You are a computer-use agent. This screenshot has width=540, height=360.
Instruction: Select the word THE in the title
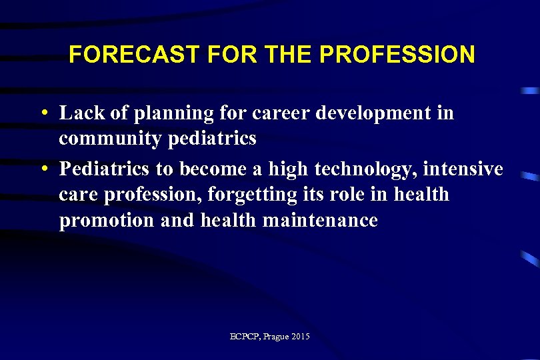[285, 55]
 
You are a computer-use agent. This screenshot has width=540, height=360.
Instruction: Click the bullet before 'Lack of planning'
[43, 113]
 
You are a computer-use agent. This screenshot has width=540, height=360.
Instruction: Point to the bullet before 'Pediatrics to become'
[43, 169]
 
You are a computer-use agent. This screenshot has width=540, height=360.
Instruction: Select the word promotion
[107, 221]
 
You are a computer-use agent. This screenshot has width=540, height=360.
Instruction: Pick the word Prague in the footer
[276, 337]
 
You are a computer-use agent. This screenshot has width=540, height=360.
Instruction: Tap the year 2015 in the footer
[301, 337]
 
